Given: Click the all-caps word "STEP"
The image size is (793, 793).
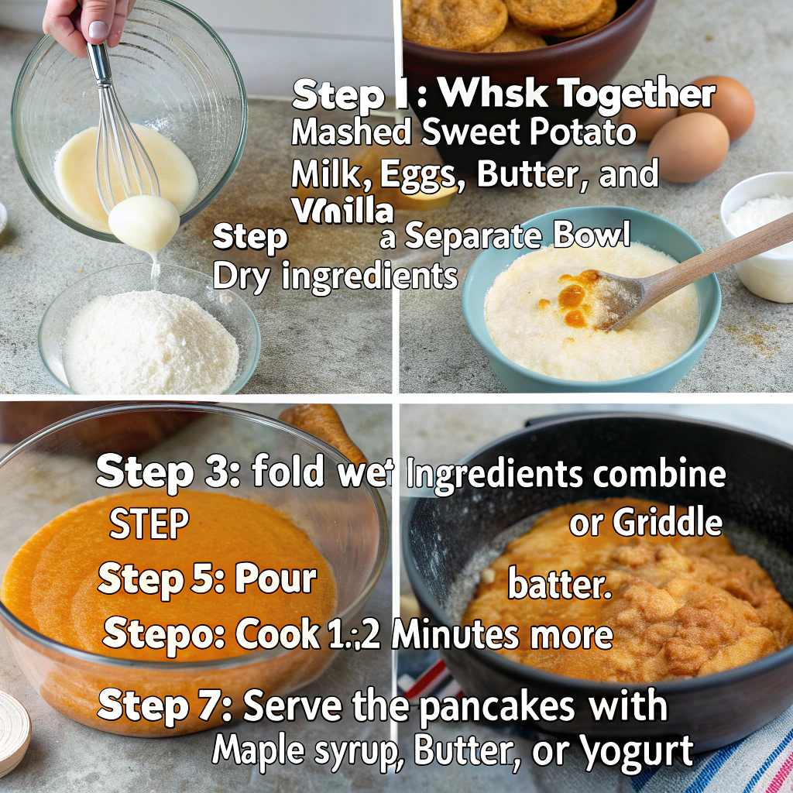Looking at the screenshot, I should (x=149, y=525).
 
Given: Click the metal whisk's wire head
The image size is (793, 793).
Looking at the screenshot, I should (x=128, y=155).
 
